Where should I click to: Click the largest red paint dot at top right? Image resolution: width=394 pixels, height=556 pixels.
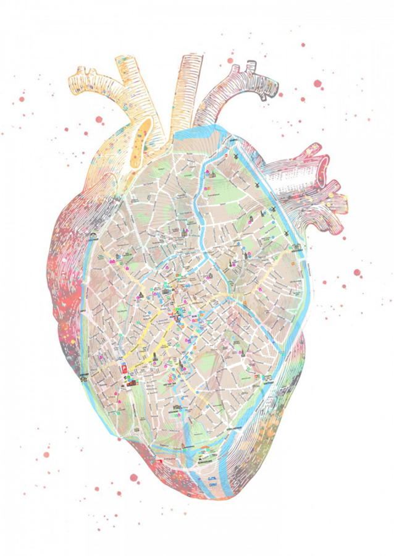click(317, 83)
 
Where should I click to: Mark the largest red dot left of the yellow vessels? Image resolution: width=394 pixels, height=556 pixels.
click(22, 99)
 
